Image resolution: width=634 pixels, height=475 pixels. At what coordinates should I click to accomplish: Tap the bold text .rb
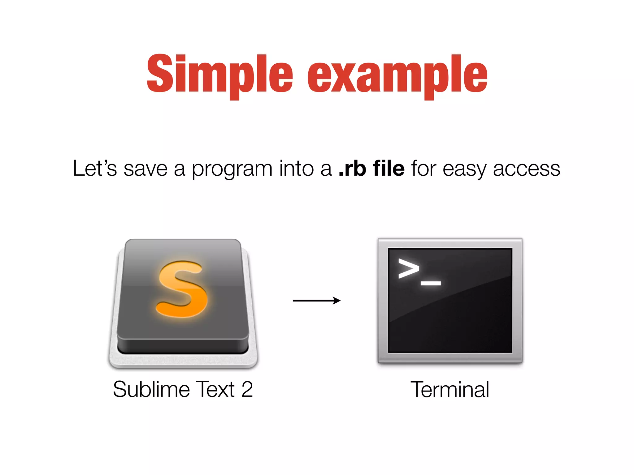click(352, 169)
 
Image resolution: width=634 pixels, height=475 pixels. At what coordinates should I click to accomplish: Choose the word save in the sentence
click(145, 169)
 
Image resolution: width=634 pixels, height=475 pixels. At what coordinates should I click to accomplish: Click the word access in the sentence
click(526, 169)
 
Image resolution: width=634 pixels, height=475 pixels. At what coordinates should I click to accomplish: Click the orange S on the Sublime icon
click(182, 289)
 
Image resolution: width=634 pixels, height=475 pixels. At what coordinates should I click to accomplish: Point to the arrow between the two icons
click(316, 300)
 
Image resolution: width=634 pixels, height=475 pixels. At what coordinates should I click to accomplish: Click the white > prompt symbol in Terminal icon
click(408, 268)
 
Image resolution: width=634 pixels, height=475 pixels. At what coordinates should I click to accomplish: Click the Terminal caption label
click(450, 389)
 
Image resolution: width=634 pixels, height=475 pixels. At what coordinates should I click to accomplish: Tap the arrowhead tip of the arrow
click(339, 300)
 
